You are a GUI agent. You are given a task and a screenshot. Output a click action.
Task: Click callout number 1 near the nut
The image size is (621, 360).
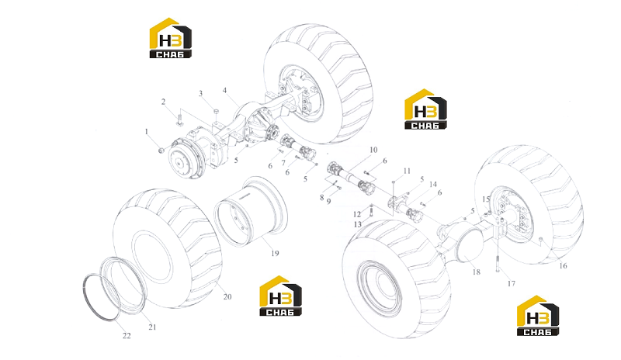(x=147, y=131)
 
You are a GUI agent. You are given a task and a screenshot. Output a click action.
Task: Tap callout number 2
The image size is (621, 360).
(x=163, y=102)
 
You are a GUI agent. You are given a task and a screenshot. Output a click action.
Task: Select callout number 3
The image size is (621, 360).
(x=200, y=93)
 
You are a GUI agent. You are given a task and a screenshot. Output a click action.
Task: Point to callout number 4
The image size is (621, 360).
(x=224, y=90)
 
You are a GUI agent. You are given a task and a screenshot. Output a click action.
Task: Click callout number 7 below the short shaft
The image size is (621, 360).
(x=283, y=163)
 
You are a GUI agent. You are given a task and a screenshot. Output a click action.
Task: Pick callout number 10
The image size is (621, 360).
(x=373, y=150)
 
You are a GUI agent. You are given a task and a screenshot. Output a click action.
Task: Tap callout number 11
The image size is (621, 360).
(x=407, y=171)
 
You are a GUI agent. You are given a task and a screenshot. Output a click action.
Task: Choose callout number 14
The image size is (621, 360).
(x=433, y=184)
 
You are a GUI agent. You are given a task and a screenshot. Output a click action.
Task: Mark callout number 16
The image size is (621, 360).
(x=563, y=266)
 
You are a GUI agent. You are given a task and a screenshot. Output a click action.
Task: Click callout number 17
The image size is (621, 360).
(x=512, y=283)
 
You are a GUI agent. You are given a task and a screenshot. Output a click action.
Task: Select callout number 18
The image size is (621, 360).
(x=476, y=272)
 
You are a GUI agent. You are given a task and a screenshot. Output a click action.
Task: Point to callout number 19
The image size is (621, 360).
(x=275, y=254)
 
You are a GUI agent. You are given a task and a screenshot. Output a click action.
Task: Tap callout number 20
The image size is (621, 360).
(x=227, y=296)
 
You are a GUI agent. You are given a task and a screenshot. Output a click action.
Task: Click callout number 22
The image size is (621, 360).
(x=127, y=336)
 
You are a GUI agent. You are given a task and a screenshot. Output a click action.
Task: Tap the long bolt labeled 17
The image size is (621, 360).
(x=497, y=264)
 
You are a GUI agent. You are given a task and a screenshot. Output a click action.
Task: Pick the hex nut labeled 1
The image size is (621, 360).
(x=161, y=151)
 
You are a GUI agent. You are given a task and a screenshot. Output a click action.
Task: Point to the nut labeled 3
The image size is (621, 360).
(x=217, y=111)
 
